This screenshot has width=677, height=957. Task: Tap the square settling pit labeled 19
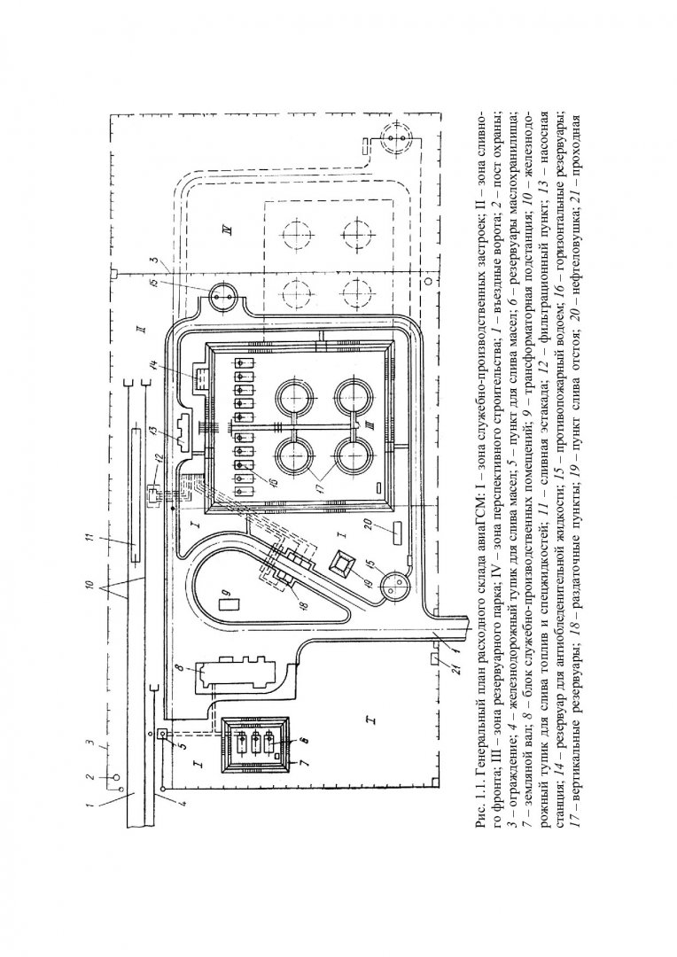click(344, 564)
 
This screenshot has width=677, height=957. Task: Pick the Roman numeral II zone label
click(140, 330)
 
